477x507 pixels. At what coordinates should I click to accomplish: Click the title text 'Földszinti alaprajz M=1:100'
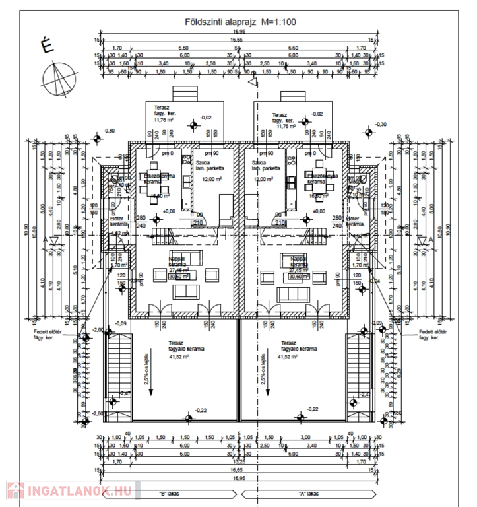(x=241, y=22)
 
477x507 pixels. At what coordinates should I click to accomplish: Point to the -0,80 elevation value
(x=109, y=131)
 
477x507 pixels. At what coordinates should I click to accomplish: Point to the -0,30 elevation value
(x=381, y=124)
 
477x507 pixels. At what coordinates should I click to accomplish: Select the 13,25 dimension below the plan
(x=241, y=462)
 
